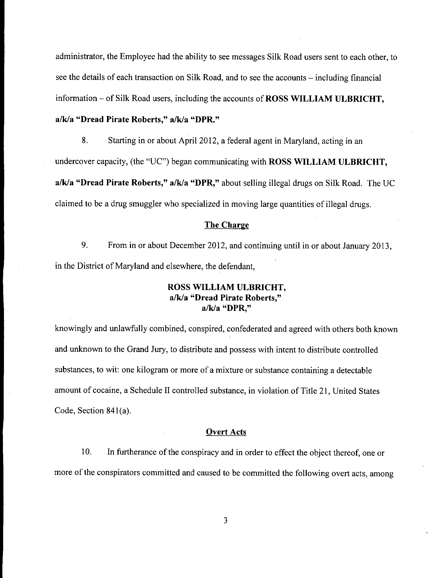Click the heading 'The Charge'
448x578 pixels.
[x=227, y=225]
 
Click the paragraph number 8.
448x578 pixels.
[x=85, y=141]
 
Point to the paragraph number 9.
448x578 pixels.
[x=85, y=245]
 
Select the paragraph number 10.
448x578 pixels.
[x=86, y=452]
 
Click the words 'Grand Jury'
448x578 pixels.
[x=146, y=350]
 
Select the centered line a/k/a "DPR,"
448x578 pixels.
[x=226, y=309]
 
